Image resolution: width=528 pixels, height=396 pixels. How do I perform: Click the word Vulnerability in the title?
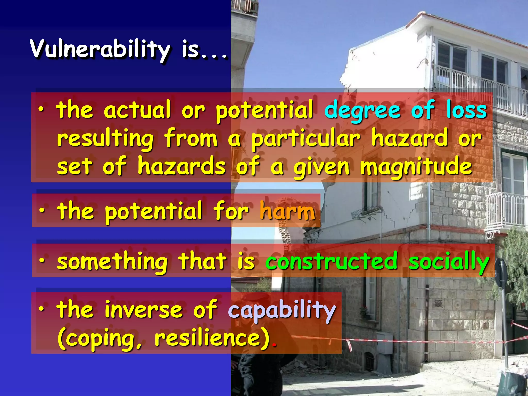tap(100, 49)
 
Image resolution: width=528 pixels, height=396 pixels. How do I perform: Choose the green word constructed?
tap(331, 261)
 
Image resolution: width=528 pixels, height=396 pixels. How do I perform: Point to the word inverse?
tap(144, 309)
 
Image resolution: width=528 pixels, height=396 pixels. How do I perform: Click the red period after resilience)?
tap(274, 345)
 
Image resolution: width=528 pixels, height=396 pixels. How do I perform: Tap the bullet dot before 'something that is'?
tap(42, 260)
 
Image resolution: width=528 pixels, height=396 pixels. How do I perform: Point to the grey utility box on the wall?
tap(384, 343)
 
